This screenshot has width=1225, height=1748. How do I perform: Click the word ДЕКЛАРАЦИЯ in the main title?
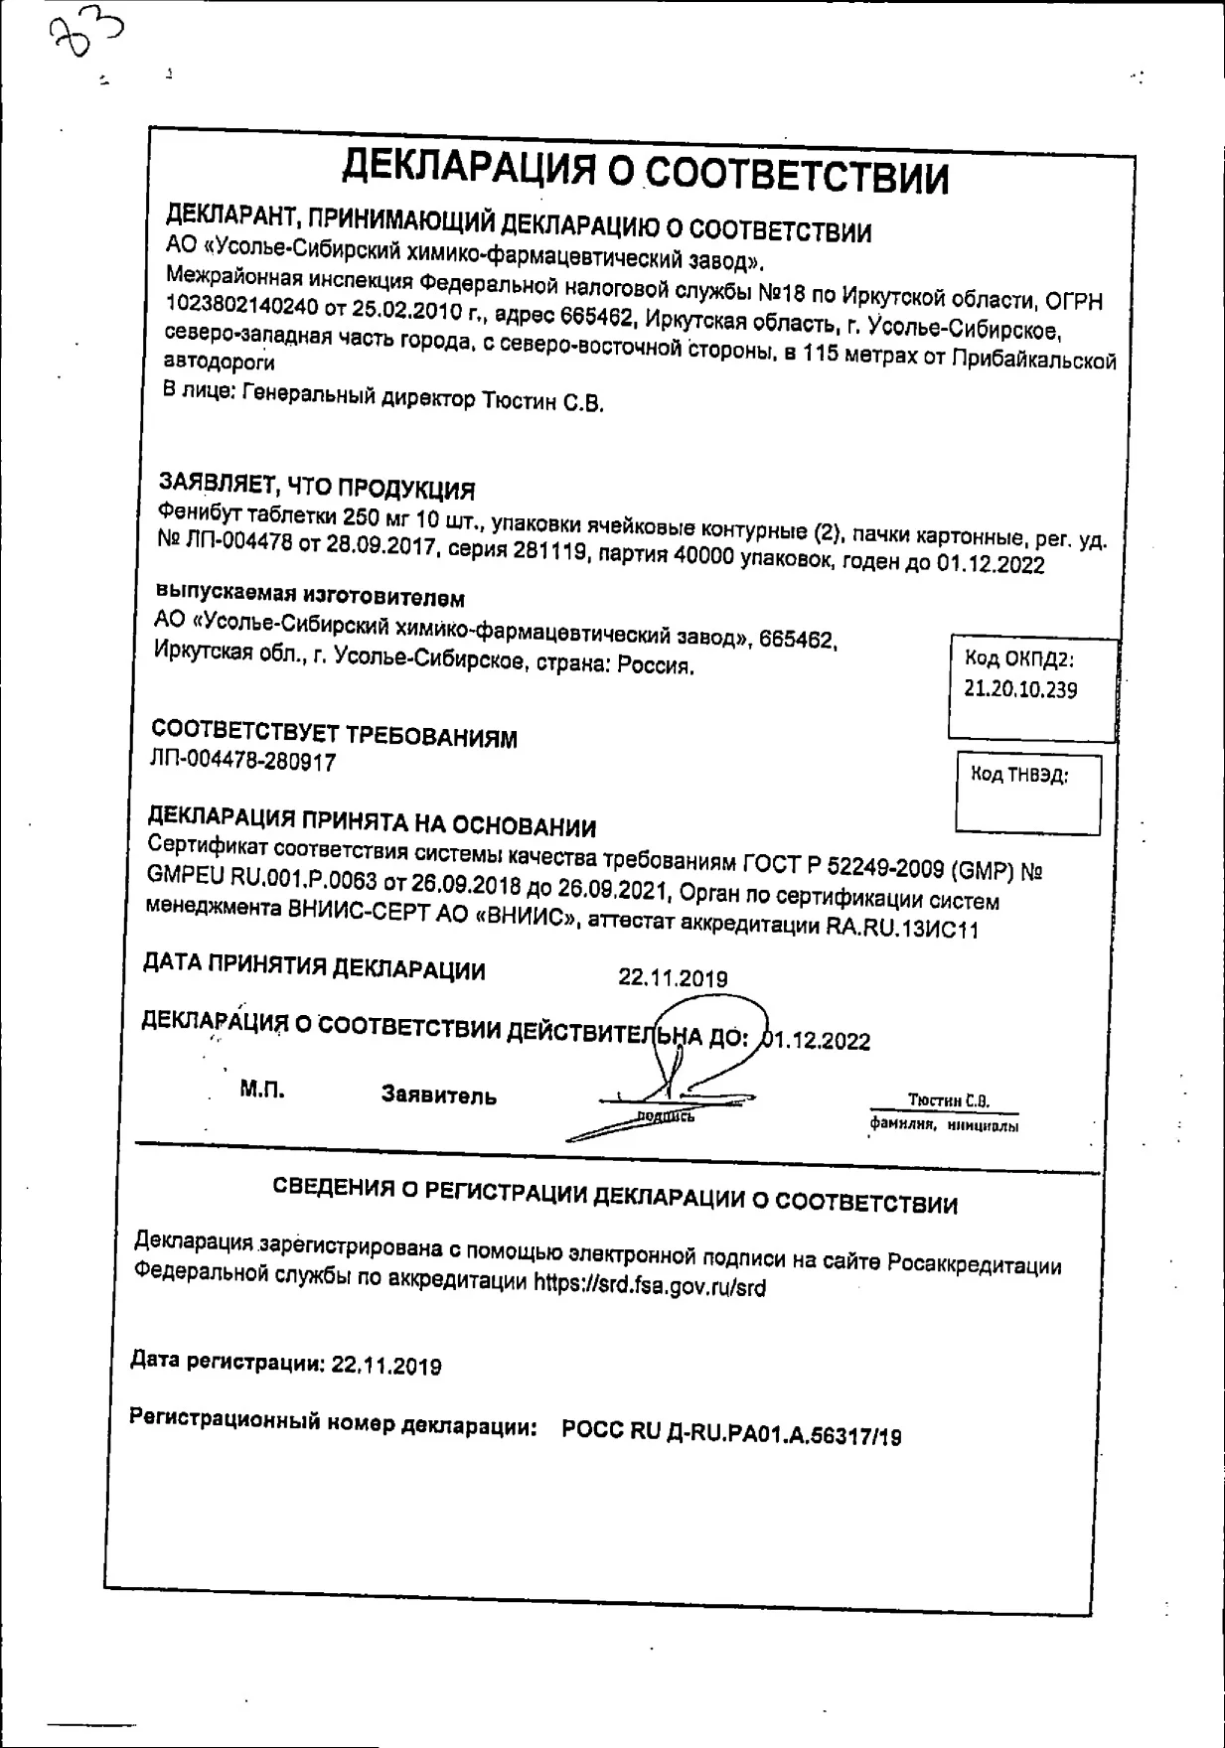468,167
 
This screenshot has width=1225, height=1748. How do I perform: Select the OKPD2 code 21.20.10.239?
1020,689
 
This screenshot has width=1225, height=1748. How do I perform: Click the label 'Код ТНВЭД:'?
1019,776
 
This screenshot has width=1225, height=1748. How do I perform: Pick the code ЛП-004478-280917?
242,761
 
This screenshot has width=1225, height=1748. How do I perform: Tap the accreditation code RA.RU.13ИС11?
902,928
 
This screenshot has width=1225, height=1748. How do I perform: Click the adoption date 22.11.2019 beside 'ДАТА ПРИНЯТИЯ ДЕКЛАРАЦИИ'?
673,978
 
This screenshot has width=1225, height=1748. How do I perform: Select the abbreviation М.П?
261,1090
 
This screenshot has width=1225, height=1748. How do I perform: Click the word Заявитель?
438,1095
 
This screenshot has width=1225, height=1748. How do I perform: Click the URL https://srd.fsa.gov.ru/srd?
650,1286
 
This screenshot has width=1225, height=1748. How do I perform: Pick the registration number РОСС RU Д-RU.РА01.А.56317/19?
731,1431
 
